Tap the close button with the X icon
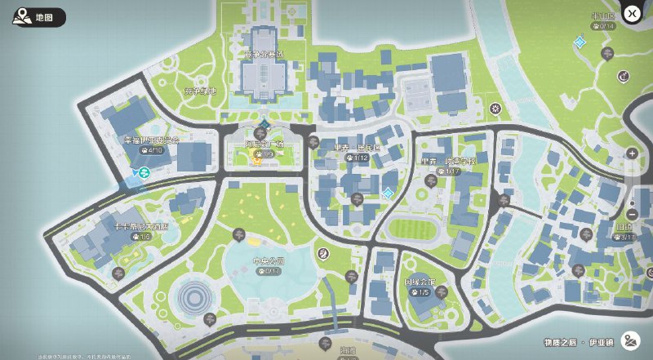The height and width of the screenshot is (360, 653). (x=631, y=13)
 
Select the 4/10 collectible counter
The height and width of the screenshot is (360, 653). (x=153, y=150)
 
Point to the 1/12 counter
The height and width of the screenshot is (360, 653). (x=358, y=158)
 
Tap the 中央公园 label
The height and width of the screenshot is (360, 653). (x=267, y=261)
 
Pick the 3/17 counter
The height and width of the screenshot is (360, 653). (x=625, y=237)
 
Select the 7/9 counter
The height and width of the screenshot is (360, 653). (x=264, y=153)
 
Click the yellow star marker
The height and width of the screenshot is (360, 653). (x=255, y=162)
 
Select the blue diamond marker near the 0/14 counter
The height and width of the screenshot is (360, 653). (x=580, y=41)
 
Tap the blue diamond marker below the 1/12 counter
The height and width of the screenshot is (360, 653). (x=388, y=193)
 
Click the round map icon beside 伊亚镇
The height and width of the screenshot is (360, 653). (x=629, y=340)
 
